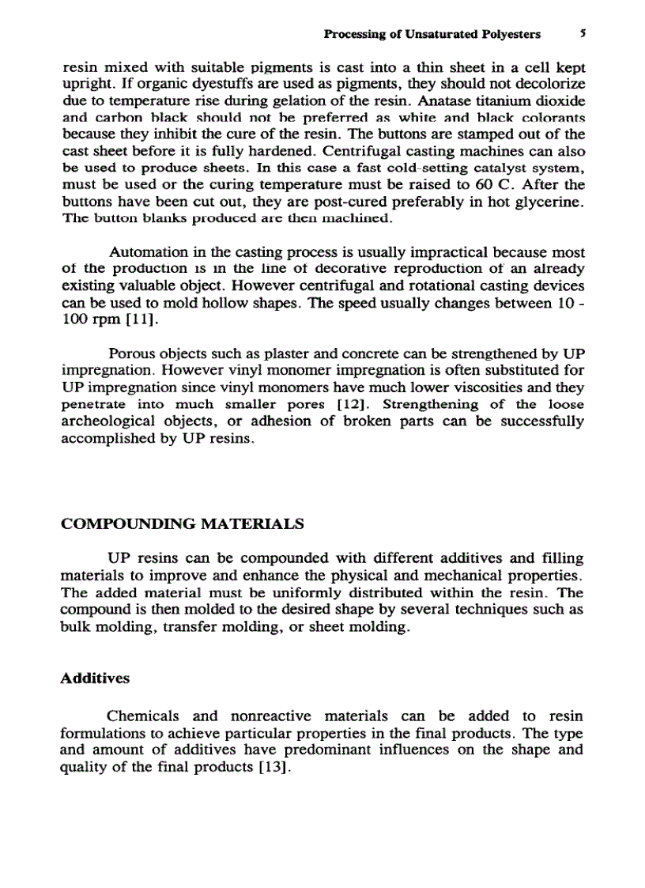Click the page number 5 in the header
[582, 34]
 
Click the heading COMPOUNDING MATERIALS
[182, 524]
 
